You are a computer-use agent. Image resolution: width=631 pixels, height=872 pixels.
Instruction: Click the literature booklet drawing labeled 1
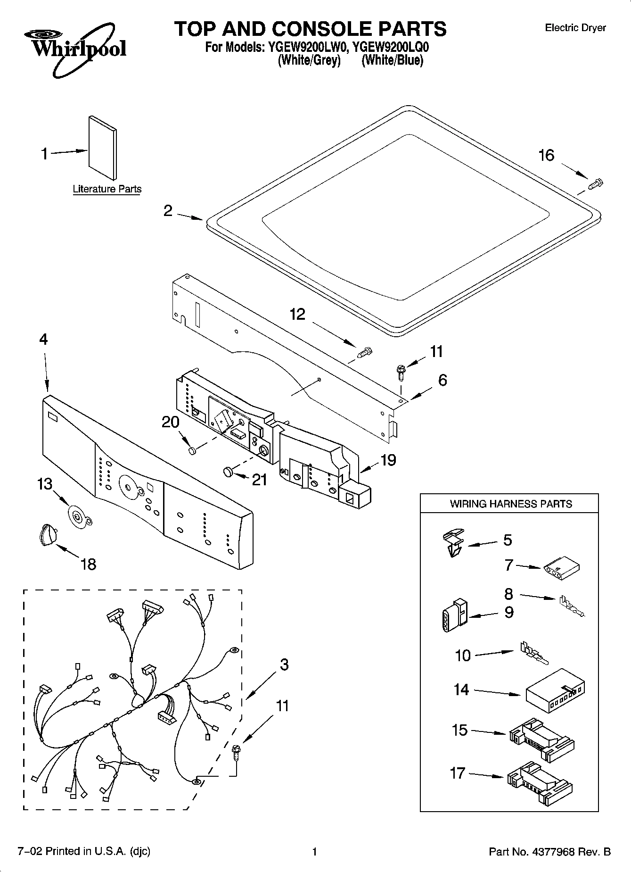pyautogui.click(x=102, y=147)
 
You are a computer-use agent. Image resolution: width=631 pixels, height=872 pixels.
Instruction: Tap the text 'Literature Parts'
pyautogui.click(x=107, y=189)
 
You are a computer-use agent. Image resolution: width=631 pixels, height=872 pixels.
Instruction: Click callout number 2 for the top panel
pyautogui.click(x=168, y=211)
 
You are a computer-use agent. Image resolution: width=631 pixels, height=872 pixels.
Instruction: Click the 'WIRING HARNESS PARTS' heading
pyautogui.click(x=510, y=504)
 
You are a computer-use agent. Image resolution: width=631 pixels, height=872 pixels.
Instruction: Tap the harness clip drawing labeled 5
pyautogui.click(x=453, y=542)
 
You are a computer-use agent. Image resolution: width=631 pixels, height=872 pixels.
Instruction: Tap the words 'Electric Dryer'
pyautogui.click(x=575, y=28)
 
